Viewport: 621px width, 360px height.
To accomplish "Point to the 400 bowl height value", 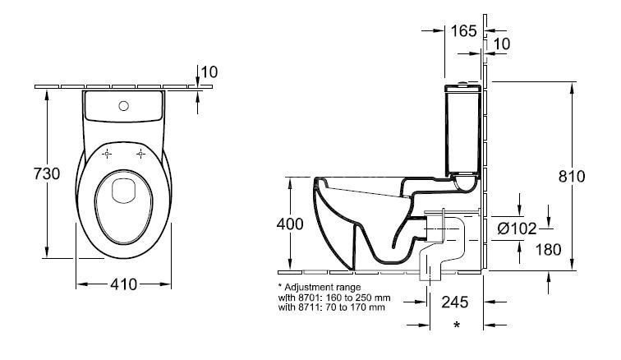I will tap(290, 224).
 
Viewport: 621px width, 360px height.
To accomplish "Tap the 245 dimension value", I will tap(456, 302).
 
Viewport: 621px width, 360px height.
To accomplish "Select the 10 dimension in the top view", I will tap(209, 72).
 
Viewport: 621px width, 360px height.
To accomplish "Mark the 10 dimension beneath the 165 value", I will tap(502, 43).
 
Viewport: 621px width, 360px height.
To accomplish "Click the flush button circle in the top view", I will tap(124, 105).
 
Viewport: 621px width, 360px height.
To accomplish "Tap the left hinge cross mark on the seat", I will tap(107, 154).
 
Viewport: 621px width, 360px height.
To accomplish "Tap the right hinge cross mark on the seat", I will tap(141, 154).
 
